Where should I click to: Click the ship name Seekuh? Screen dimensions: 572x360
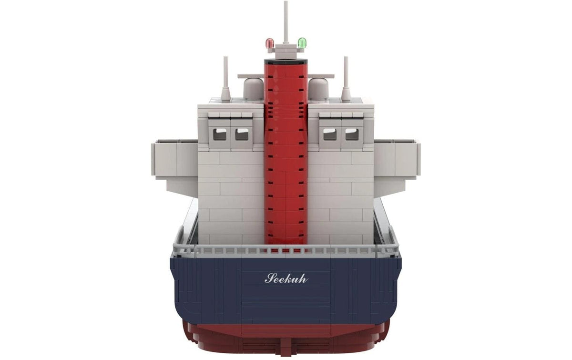pos(286,278)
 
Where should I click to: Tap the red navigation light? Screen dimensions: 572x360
pos(269,43)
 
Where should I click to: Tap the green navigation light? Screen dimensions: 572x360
pos(302,42)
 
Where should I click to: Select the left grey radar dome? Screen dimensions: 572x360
pos(253,89)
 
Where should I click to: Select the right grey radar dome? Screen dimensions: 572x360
pos(318,89)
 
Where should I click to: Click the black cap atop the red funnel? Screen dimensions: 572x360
pos(286,62)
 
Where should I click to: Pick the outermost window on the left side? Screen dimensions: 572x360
pos(220,134)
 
